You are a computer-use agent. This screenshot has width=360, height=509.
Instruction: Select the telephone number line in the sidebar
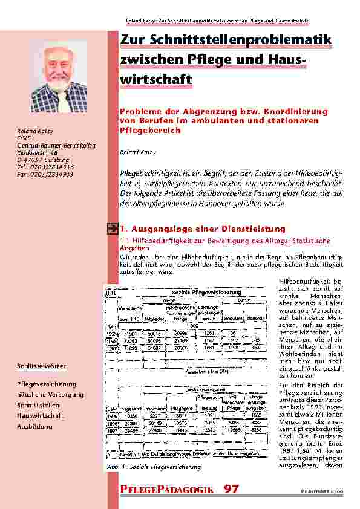coord(45,167)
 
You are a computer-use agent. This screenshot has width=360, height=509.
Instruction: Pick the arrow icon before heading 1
coord(113,229)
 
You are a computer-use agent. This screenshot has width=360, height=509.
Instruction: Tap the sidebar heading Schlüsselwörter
coord(42,366)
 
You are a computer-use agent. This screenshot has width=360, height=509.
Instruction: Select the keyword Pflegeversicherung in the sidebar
coord(47,384)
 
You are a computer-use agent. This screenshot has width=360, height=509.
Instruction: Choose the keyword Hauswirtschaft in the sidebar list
coord(43,417)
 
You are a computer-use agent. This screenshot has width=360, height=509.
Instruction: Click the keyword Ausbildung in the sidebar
coord(35,427)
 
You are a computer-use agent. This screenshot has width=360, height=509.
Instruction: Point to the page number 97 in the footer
coord(231,488)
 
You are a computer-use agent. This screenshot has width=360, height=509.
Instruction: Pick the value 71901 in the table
coord(131,332)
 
